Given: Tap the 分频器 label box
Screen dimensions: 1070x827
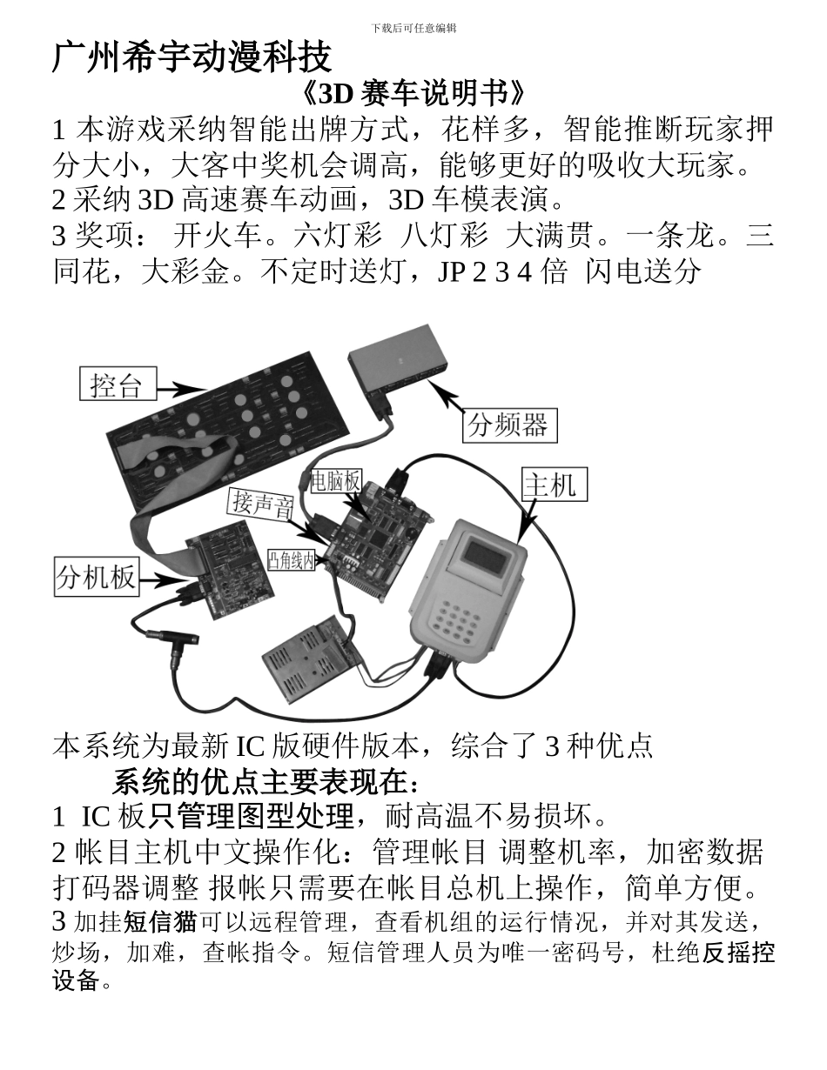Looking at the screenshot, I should [x=508, y=425].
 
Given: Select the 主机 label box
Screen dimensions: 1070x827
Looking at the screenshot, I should [x=554, y=485].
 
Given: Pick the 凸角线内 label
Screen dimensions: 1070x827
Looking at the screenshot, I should [x=291, y=561].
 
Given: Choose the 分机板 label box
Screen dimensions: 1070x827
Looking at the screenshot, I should [x=96, y=576].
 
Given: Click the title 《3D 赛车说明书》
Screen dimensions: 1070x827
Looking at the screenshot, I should [x=413, y=93].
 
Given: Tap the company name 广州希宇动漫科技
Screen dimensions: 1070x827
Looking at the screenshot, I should [x=192, y=57].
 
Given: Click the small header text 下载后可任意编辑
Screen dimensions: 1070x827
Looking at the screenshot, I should [x=413, y=28].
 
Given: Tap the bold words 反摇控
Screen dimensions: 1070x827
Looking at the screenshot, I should [x=738, y=953].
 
